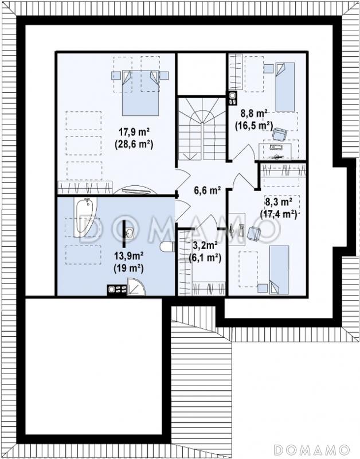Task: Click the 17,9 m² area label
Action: [x=134, y=133]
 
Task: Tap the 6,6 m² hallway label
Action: [x=208, y=190]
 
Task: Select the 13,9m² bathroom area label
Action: [x=128, y=256]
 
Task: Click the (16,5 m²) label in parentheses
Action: [x=254, y=125]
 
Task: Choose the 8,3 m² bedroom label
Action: [x=279, y=202]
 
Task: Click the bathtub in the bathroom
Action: [x=85, y=217]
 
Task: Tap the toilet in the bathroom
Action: [x=167, y=247]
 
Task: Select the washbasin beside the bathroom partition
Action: [x=130, y=234]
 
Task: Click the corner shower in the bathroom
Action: [x=136, y=286]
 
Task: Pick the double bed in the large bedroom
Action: [x=140, y=93]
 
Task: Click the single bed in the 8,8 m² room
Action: [x=285, y=87]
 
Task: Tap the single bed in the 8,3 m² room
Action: [x=279, y=270]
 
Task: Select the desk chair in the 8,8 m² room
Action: [x=280, y=134]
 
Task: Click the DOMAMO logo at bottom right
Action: [x=312, y=449]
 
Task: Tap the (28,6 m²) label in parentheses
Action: [x=134, y=145]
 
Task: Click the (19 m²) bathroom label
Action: [x=128, y=269]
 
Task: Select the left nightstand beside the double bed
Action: [x=116, y=76]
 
